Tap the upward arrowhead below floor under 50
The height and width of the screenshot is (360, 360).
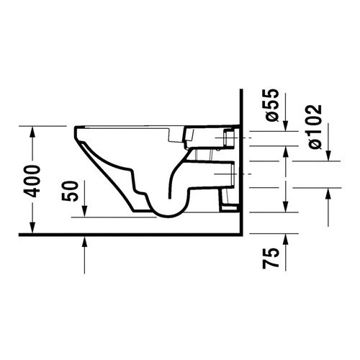[x=86, y=241]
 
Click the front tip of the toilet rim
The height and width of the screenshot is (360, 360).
[x=75, y=130]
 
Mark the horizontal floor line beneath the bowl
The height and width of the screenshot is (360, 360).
[x=130, y=235]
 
